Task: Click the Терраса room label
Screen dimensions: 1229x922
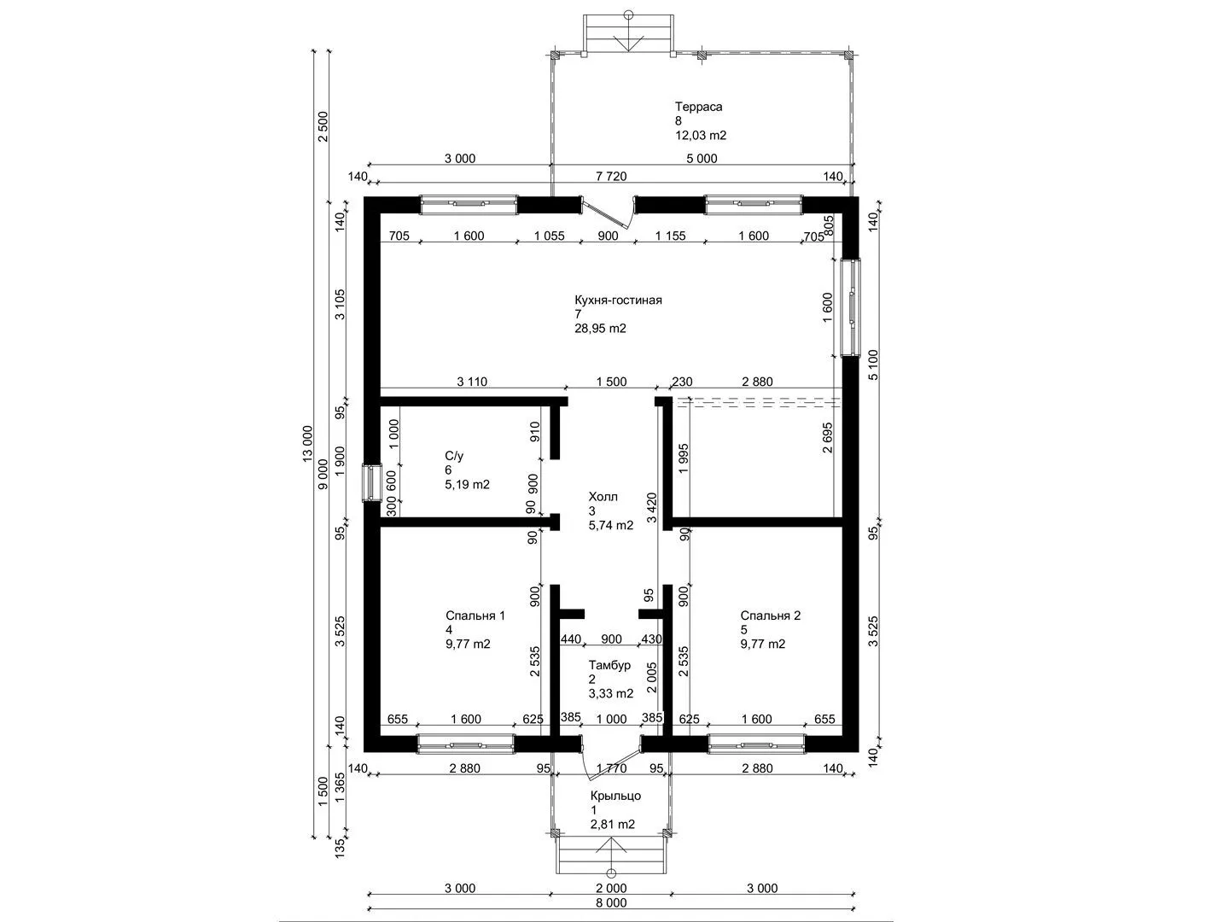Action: (698, 107)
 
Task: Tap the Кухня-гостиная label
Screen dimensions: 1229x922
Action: (618, 300)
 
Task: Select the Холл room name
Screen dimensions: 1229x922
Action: (603, 497)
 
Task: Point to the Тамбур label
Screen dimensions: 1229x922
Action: (609, 665)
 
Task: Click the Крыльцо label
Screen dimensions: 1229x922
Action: (615, 796)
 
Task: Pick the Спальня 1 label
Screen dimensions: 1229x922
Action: (475, 616)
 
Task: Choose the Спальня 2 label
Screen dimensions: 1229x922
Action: (771, 616)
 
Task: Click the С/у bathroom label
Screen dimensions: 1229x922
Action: (454, 456)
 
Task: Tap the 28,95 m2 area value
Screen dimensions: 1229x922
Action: (600, 329)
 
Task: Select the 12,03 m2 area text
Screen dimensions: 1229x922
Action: (701, 136)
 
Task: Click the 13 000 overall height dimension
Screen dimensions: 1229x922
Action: (307, 445)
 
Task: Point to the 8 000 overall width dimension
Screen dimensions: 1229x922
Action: (611, 903)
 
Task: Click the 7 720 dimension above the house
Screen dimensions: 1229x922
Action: (611, 177)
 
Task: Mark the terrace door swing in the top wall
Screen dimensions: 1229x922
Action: (607, 213)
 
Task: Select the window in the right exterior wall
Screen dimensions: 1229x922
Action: (851, 306)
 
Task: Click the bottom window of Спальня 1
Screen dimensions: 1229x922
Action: (466, 744)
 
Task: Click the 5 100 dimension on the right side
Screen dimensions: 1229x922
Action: (873, 365)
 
